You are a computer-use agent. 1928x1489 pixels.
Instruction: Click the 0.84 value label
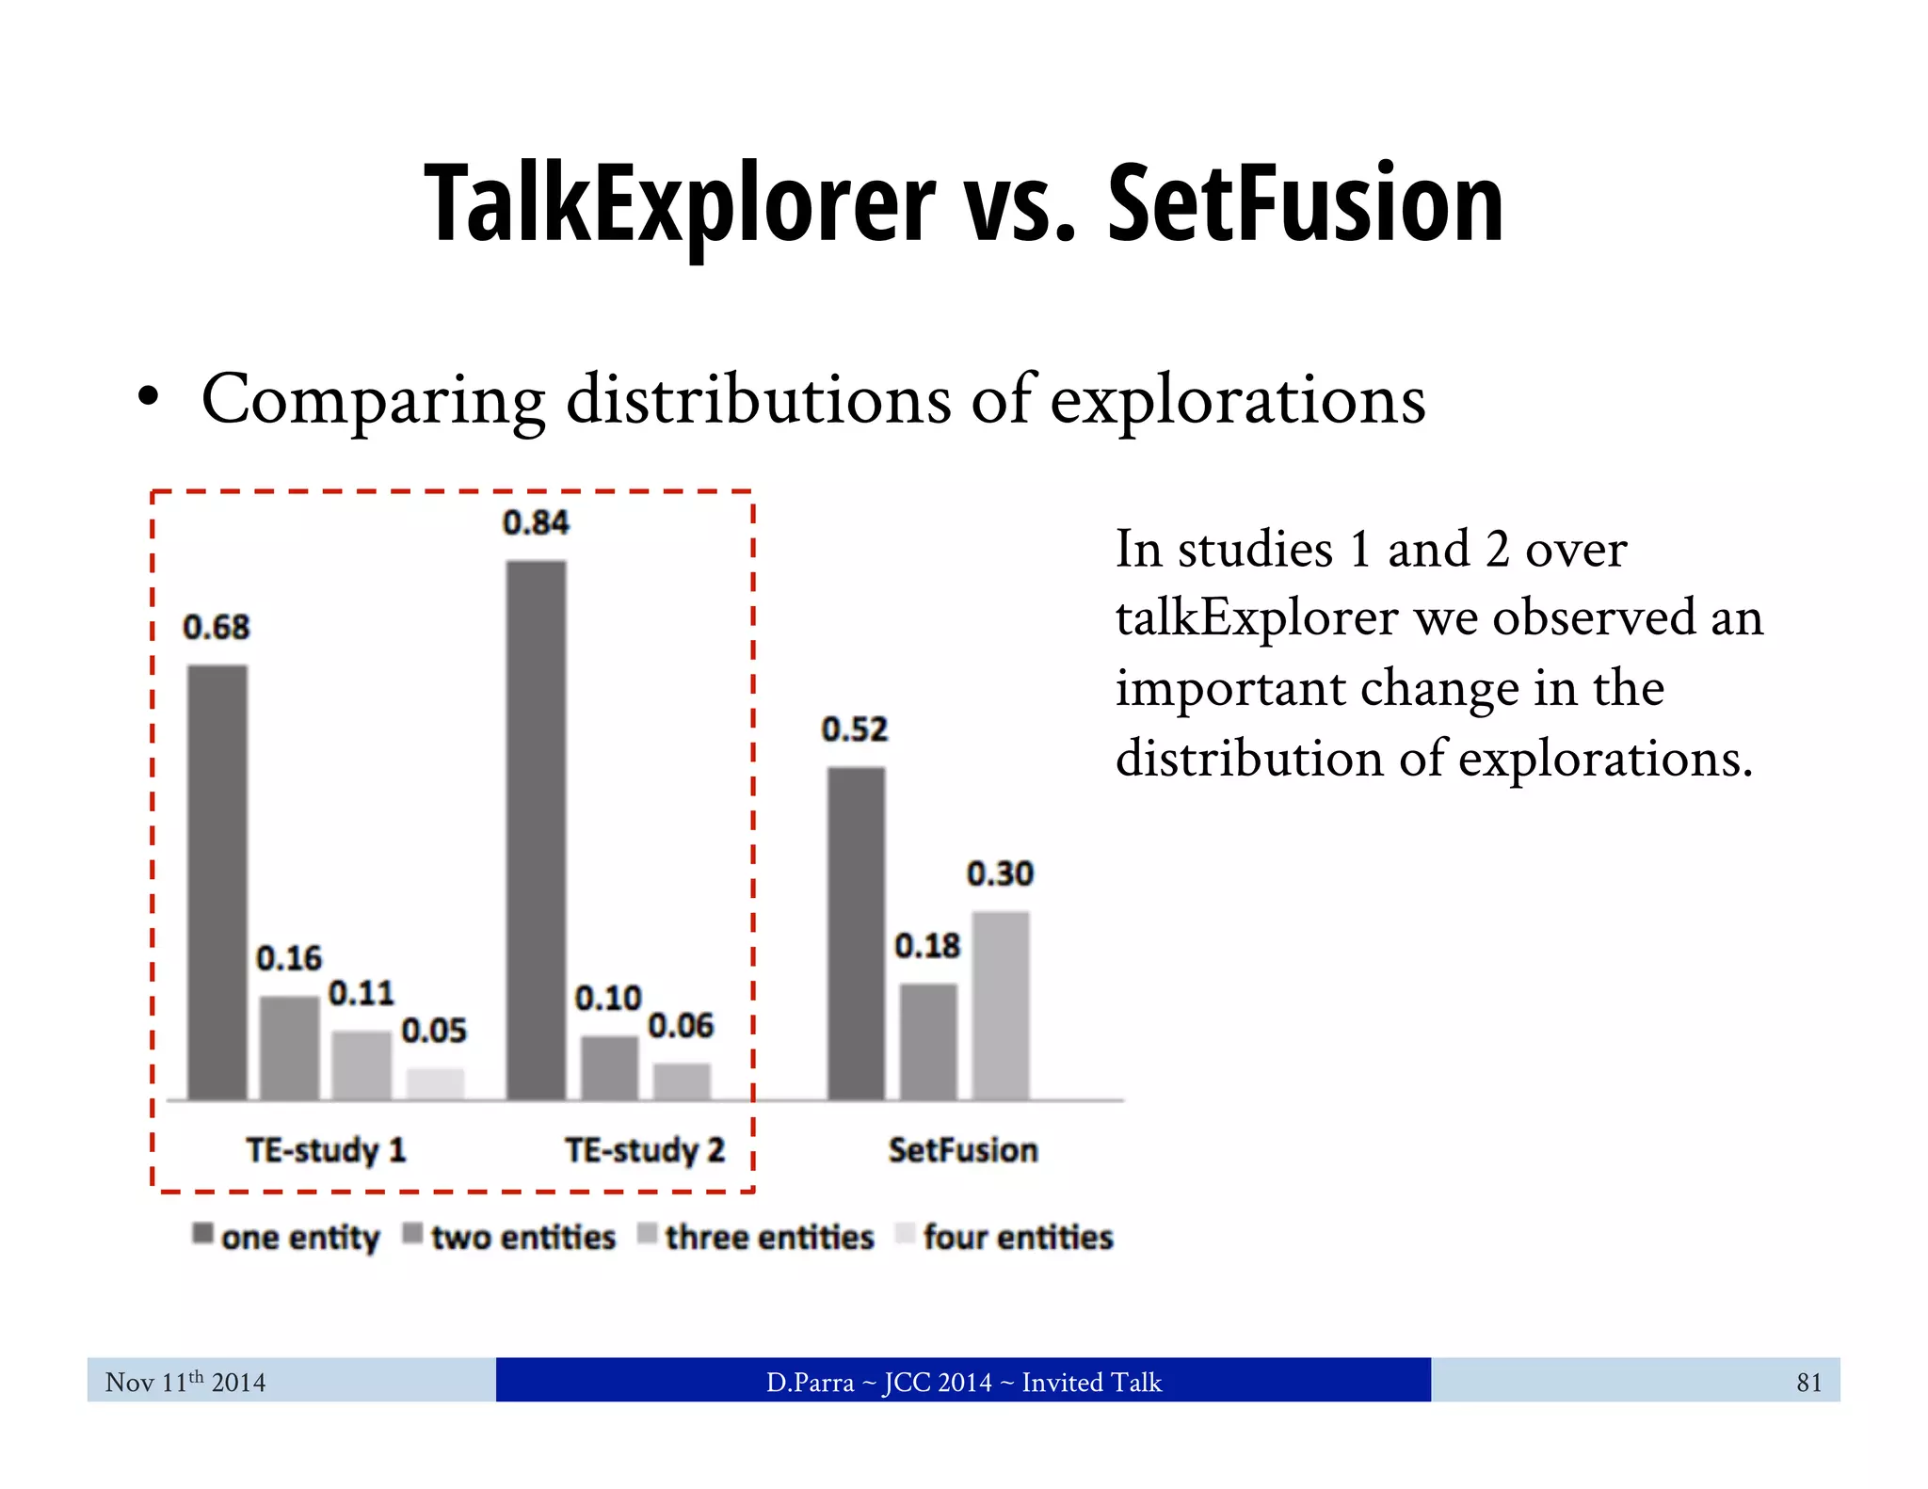(x=536, y=522)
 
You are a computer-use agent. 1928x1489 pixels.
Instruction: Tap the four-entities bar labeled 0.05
(x=435, y=1082)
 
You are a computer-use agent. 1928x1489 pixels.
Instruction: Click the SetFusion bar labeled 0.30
(x=1001, y=1004)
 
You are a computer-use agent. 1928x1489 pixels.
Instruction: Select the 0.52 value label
(x=855, y=729)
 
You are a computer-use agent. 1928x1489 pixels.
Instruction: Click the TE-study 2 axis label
(x=645, y=1150)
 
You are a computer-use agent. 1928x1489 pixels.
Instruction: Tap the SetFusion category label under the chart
(x=963, y=1150)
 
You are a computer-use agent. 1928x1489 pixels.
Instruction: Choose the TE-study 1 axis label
(x=326, y=1150)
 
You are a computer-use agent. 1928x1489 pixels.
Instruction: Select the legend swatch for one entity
(x=202, y=1233)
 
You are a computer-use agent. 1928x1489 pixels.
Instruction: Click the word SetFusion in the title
(x=1305, y=204)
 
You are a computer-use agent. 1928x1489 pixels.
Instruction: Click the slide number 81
(x=1808, y=1382)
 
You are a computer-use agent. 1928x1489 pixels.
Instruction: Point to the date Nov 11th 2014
(x=185, y=1382)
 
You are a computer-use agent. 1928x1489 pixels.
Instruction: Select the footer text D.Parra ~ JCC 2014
(x=877, y=1382)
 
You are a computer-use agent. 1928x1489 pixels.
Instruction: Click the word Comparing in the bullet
(x=373, y=400)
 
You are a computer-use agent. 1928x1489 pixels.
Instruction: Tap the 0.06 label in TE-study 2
(x=681, y=1026)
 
